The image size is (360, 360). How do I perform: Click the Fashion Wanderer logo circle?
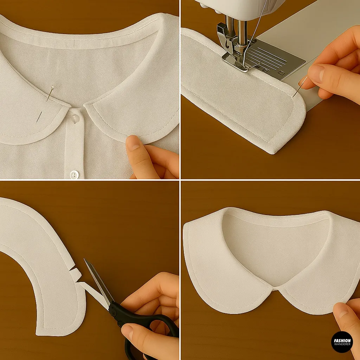[x=342, y=342]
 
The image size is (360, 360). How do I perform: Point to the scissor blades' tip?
[x=85, y=260]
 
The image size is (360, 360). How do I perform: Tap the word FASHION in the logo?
[x=342, y=340]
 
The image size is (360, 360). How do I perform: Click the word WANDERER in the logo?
[x=342, y=345]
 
